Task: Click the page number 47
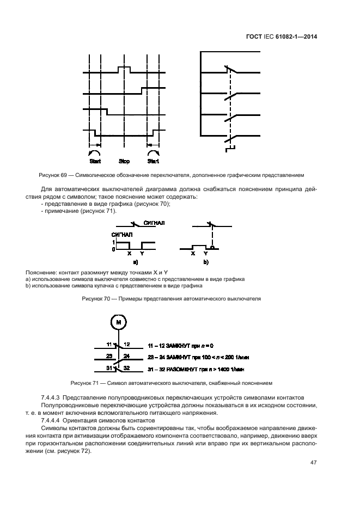point(313,463)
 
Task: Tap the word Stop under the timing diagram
point(124,161)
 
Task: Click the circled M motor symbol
point(118,322)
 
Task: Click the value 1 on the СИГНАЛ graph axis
point(113,242)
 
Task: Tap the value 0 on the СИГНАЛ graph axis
point(113,249)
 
